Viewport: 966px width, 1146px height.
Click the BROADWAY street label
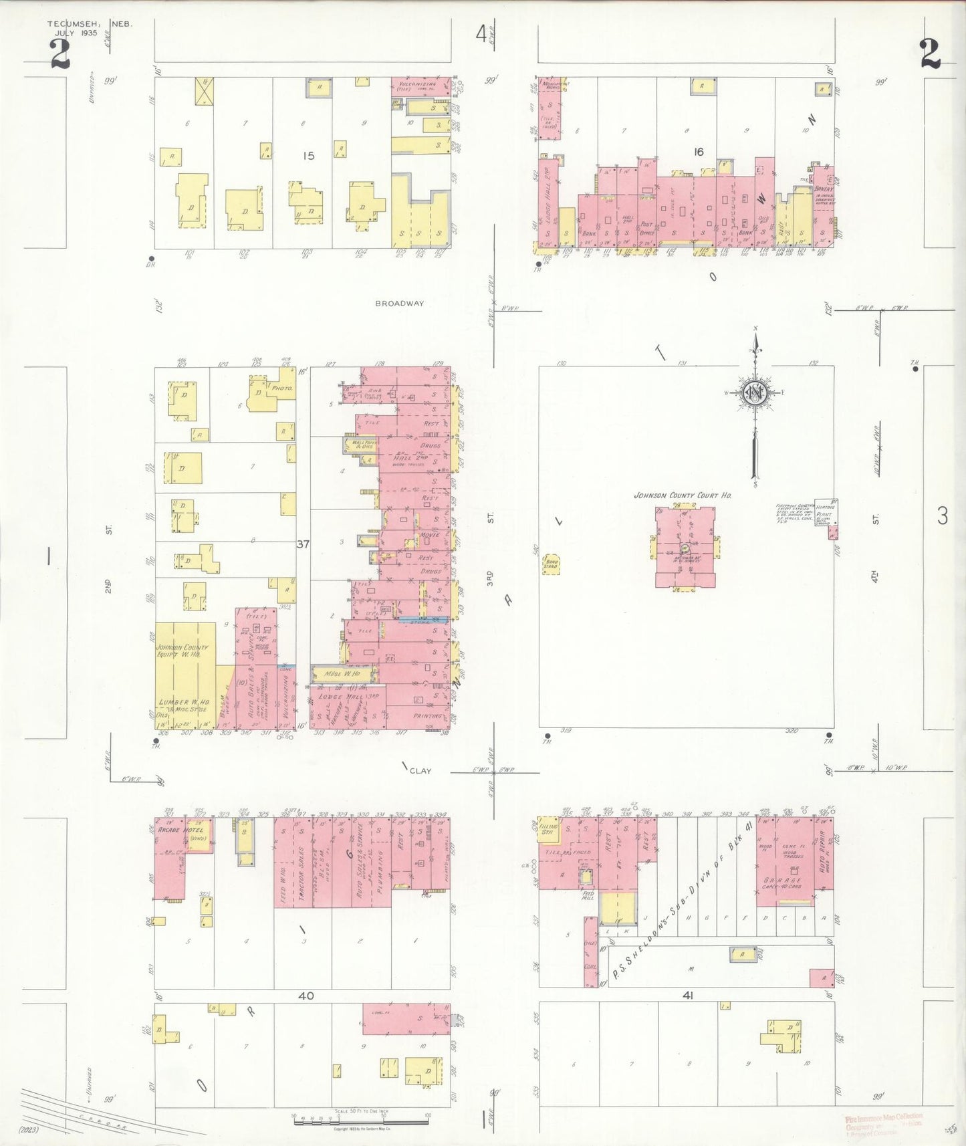click(399, 303)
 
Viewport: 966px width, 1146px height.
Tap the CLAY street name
click(420, 770)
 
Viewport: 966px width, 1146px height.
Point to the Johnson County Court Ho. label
click(683, 495)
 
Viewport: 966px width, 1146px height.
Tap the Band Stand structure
click(552, 563)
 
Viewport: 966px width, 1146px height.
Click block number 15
click(308, 156)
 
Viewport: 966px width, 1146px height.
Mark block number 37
click(303, 544)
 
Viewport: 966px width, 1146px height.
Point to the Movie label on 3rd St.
click(429, 536)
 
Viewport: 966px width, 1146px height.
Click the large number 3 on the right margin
click(943, 515)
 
